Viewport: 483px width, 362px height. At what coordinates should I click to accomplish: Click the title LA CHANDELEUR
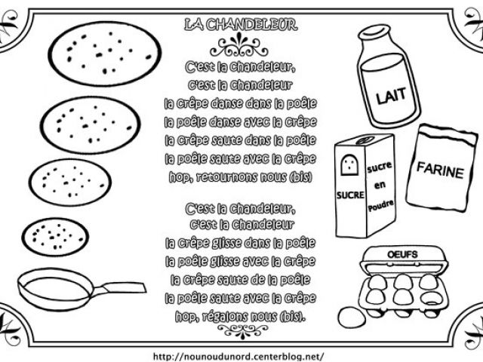pyautogui.click(x=241, y=25)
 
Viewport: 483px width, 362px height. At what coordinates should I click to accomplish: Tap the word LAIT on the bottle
pyautogui.click(x=391, y=96)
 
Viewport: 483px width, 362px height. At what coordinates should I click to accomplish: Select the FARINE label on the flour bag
pyautogui.click(x=440, y=170)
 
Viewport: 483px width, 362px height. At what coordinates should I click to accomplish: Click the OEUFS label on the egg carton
pyautogui.click(x=402, y=255)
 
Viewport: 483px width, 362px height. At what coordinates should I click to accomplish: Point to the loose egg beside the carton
pyautogui.click(x=352, y=317)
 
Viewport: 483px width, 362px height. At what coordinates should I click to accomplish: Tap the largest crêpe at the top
pyautogui.click(x=105, y=54)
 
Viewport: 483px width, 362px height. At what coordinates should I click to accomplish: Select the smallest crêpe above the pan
pyautogui.click(x=55, y=237)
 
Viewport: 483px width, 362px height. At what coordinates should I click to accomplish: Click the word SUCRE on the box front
pyautogui.click(x=350, y=195)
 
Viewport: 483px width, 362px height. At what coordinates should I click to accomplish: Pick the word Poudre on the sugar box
pyautogui.click(x=380, y=206)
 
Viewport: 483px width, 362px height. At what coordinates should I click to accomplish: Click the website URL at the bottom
pyautogui.click(x=238, y=357)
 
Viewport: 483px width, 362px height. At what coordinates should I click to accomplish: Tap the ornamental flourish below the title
pyautogui.click(x=238, y=45)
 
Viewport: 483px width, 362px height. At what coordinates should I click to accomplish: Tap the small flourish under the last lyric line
pyautogui.click(x=242, y=331)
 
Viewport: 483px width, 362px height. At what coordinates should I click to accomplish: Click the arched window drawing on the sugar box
pyautogui.click(x=349, y=165)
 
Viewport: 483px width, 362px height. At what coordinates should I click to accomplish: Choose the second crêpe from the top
pyautogui.click(x=91, y=125)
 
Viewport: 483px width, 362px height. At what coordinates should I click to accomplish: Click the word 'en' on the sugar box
pyautogui.click(x=380, y=185)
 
